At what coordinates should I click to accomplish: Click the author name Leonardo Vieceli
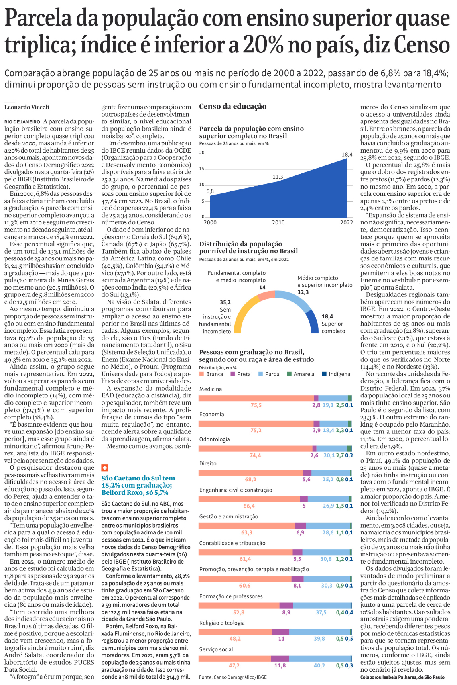[x=27, y=107]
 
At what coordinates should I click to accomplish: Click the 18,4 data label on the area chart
[x=347, y=155]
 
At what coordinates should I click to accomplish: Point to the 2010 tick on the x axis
[x=278, y=222]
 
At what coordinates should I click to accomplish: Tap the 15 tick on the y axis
[x=202, y=169]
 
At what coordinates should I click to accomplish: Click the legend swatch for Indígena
[x=324, y=374]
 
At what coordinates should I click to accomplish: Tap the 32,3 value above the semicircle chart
[x=303, y=292]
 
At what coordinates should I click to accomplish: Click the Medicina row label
[x=211, y=389]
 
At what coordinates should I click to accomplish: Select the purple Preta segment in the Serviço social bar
[x=280, y=659]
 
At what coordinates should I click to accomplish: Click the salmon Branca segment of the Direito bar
[x=250, y=473]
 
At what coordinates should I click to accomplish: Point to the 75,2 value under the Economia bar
[x=256, y=431]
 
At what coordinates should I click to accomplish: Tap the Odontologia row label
[x=215, y=439]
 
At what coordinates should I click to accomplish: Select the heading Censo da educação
[x=233, y=106]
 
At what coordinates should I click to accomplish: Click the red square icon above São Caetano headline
[x=105, y=468]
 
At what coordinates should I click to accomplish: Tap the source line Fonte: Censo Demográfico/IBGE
[x=233, y=677]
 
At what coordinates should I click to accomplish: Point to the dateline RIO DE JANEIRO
[x=22, y=122]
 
